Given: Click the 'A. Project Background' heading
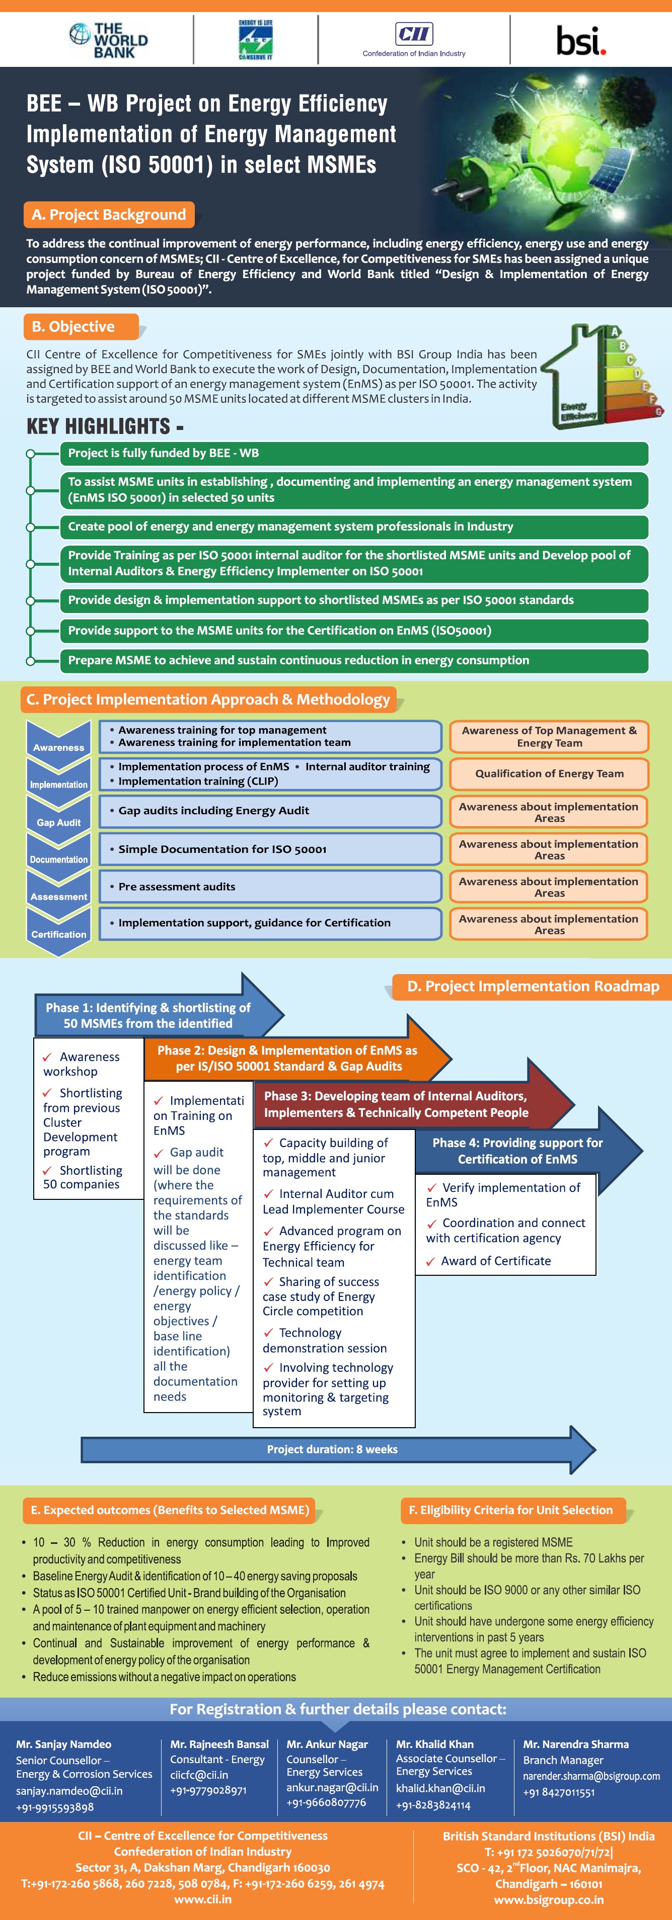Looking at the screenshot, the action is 109,215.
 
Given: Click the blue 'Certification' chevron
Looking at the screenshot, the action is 58,932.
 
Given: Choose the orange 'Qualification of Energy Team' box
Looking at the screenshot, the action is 549,773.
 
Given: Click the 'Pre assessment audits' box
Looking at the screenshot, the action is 270,886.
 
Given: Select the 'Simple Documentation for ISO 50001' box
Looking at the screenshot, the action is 270,849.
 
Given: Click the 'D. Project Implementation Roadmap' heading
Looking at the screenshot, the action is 533,986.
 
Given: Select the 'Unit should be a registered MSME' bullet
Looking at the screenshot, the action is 493,1542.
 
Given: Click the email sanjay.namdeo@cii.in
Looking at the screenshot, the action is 69,1790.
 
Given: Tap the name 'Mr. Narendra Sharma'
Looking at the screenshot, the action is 576,1744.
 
